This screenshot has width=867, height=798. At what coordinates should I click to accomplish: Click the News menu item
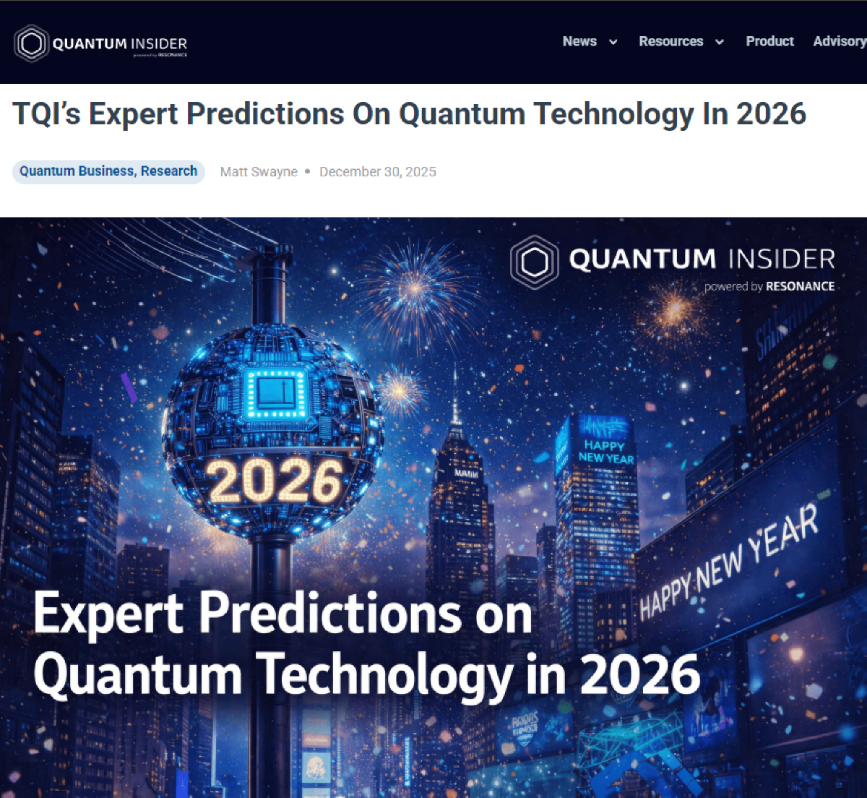click(579, 41)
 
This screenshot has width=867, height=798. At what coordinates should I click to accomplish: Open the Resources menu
click(670, 41)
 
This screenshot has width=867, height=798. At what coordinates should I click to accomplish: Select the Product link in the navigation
click(769, 41)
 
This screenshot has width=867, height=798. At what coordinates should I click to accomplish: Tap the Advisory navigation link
click(839, 41)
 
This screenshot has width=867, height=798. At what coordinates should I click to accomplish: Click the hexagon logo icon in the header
click(31, 44)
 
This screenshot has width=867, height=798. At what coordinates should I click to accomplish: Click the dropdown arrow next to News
click(613, 42)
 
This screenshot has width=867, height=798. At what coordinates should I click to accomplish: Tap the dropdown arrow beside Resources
click(720, 42)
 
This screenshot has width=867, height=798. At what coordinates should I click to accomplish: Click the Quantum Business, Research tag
click(108, 171)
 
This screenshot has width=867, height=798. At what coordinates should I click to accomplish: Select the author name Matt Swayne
click(259, 171)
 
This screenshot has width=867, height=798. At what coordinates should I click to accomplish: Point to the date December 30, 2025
click(378, 171)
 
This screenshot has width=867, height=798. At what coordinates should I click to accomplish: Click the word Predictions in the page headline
click(265, 114)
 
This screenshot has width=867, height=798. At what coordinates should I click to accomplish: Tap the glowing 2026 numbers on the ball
click(275, 480)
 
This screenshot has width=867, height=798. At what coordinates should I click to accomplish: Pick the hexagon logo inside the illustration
click(535, 262)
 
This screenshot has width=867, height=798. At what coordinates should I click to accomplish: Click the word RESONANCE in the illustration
click(800, 286)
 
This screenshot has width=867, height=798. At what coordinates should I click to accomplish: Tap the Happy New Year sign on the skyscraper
click(605, 451)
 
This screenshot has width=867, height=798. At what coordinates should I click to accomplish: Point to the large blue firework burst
click(415, 288)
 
